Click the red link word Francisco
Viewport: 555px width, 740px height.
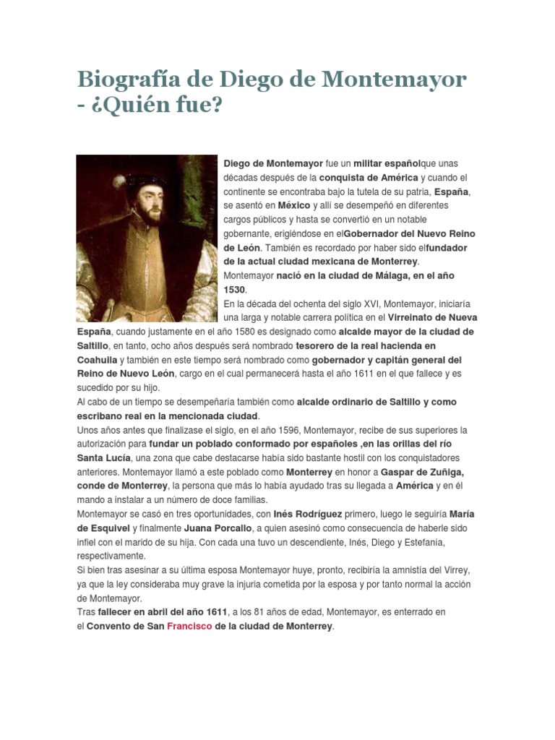[189, 627]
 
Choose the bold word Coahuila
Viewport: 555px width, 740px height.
[98, 360]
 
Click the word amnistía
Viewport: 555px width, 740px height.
[382, 570]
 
